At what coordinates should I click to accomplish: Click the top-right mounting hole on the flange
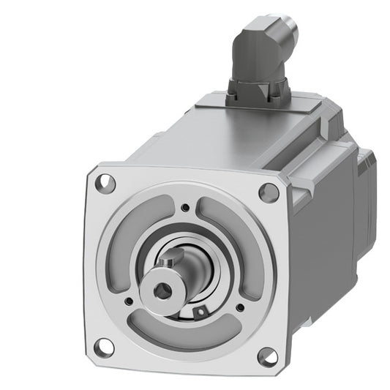[269, 192]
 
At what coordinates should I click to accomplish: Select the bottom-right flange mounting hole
[268, 356]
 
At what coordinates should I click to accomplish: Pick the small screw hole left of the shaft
[128, 300]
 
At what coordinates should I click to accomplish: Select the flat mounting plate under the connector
[249, 106]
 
